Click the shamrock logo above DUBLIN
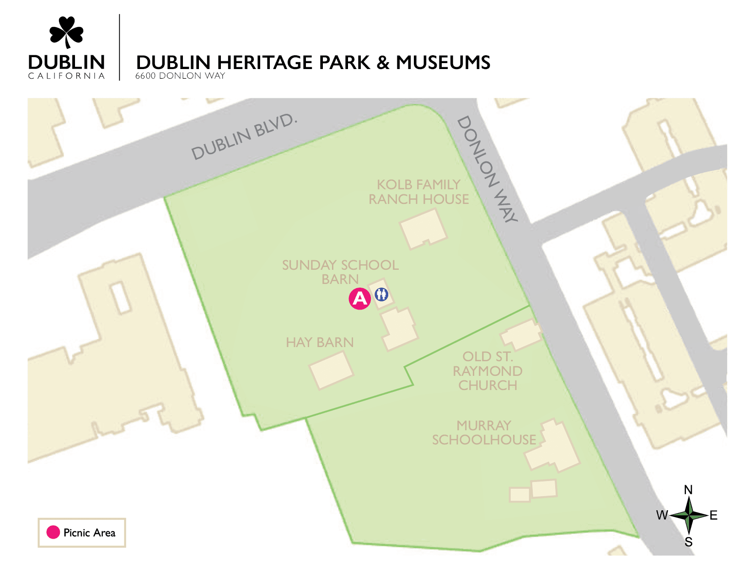(67, 32)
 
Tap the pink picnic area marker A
(360, 299)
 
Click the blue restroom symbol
(381, 294)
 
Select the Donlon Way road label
(487, 169)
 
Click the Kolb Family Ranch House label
(418, 192)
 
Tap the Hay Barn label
(320, 342)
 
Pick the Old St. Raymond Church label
(487, 371)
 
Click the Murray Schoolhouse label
(484, 433)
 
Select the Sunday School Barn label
(340, 272)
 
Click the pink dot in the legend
(53, 532)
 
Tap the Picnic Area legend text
(90, 533)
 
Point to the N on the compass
(688, 490)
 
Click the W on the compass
(662, 515)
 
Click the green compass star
(689, 515)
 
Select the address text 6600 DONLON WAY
(180, 76)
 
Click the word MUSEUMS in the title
(443, 63)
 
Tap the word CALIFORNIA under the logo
(67, 76)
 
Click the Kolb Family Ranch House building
(423, 229)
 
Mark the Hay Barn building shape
(332, 370)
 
